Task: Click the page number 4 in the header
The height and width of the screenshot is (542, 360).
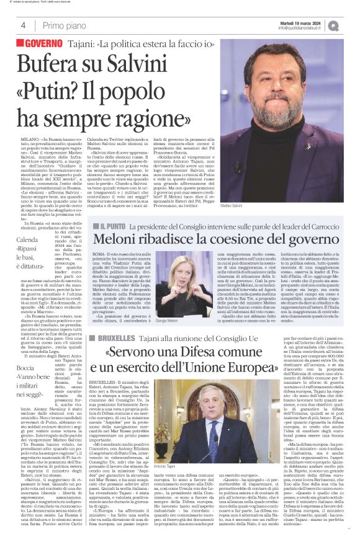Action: [23, 25]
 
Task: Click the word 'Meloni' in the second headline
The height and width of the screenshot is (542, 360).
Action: [117, 242]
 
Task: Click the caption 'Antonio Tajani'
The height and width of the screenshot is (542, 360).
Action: [166, 482]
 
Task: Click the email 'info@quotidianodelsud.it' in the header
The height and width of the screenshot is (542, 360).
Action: [302, 28]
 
